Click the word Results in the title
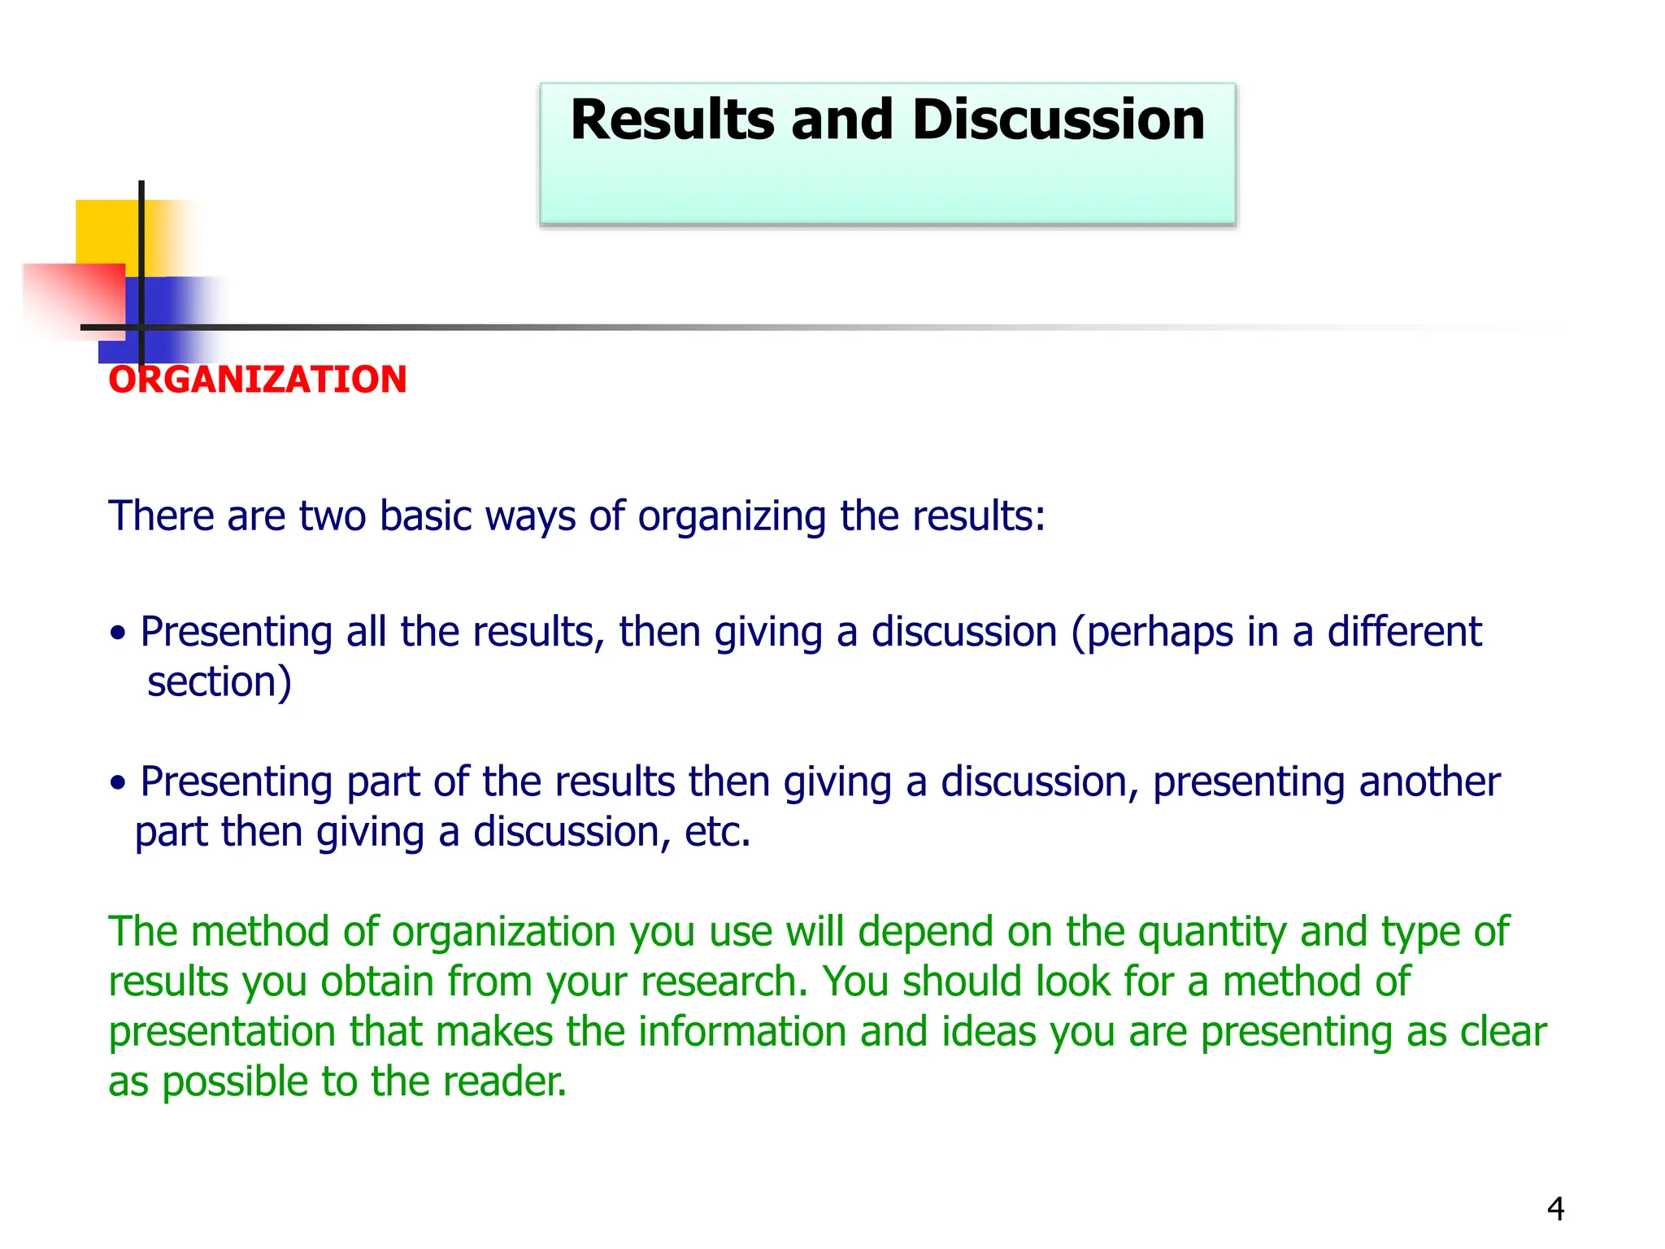pos(672,120)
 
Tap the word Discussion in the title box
pos(1058,120)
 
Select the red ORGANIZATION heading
pos(257,380)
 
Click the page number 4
pos(1555,1209)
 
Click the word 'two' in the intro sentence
pos(332,516)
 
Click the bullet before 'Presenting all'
pos(119,633)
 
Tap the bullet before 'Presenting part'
pos(119,783)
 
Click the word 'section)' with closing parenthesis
pos(219,682)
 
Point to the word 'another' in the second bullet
pos(1429,782)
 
